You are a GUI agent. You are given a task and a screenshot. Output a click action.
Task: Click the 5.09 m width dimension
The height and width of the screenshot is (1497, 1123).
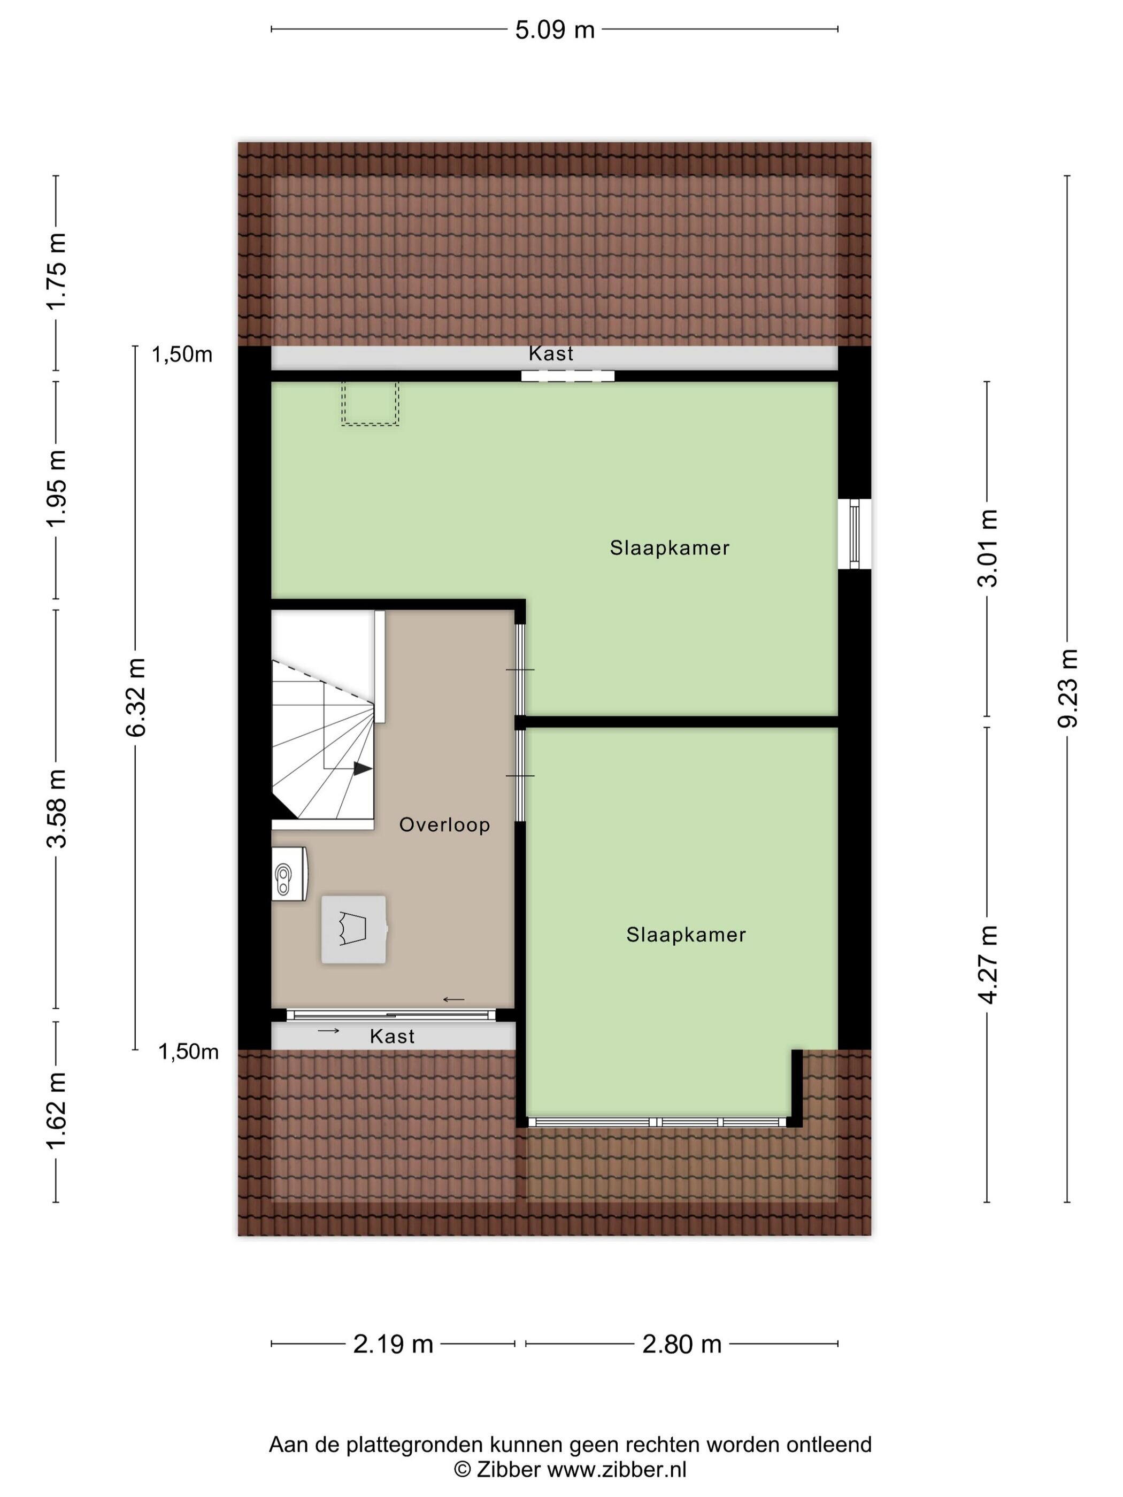555,30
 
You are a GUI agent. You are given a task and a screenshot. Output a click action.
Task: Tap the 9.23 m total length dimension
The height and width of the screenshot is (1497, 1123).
1067,688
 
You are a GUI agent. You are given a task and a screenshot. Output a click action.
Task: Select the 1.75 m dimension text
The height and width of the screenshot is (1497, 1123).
56,271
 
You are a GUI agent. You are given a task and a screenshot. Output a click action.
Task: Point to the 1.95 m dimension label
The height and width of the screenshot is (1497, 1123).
56,489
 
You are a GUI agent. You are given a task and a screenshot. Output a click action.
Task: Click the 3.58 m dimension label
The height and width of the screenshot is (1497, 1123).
56,809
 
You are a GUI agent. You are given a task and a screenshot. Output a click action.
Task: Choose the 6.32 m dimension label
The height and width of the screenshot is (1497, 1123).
135,698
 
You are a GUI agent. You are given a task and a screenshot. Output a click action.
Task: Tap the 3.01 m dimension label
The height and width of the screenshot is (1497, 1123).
988,548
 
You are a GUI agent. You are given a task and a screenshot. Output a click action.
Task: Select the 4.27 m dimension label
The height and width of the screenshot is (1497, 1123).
988,964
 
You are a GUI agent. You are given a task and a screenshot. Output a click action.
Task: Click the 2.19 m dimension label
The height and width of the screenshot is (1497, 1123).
393,1344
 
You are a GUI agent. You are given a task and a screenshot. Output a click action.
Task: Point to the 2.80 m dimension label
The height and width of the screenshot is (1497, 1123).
682,1344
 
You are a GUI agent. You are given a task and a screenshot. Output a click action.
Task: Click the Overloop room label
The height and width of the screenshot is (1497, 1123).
444,825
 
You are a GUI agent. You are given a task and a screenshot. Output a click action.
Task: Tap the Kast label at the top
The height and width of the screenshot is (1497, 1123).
551,353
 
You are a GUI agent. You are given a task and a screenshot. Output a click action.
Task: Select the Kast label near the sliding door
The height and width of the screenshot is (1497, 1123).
392,1036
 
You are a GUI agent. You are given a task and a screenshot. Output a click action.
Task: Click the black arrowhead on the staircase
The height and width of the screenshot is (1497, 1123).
363,768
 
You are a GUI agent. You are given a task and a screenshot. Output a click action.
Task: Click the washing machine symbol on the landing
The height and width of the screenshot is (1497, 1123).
354,929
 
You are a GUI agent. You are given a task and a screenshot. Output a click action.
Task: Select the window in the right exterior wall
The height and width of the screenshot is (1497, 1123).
854,534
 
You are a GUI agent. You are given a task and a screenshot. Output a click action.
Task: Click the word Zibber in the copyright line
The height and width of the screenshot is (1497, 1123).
509,1469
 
